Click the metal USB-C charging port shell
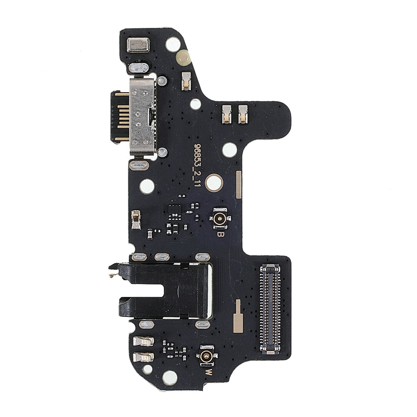(x=142, y=116)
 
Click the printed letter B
(x=220, y=234)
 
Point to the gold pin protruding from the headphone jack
(x=112, y=276)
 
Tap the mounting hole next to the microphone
(x=173, y=44)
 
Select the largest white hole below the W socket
(x=170, y=378)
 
